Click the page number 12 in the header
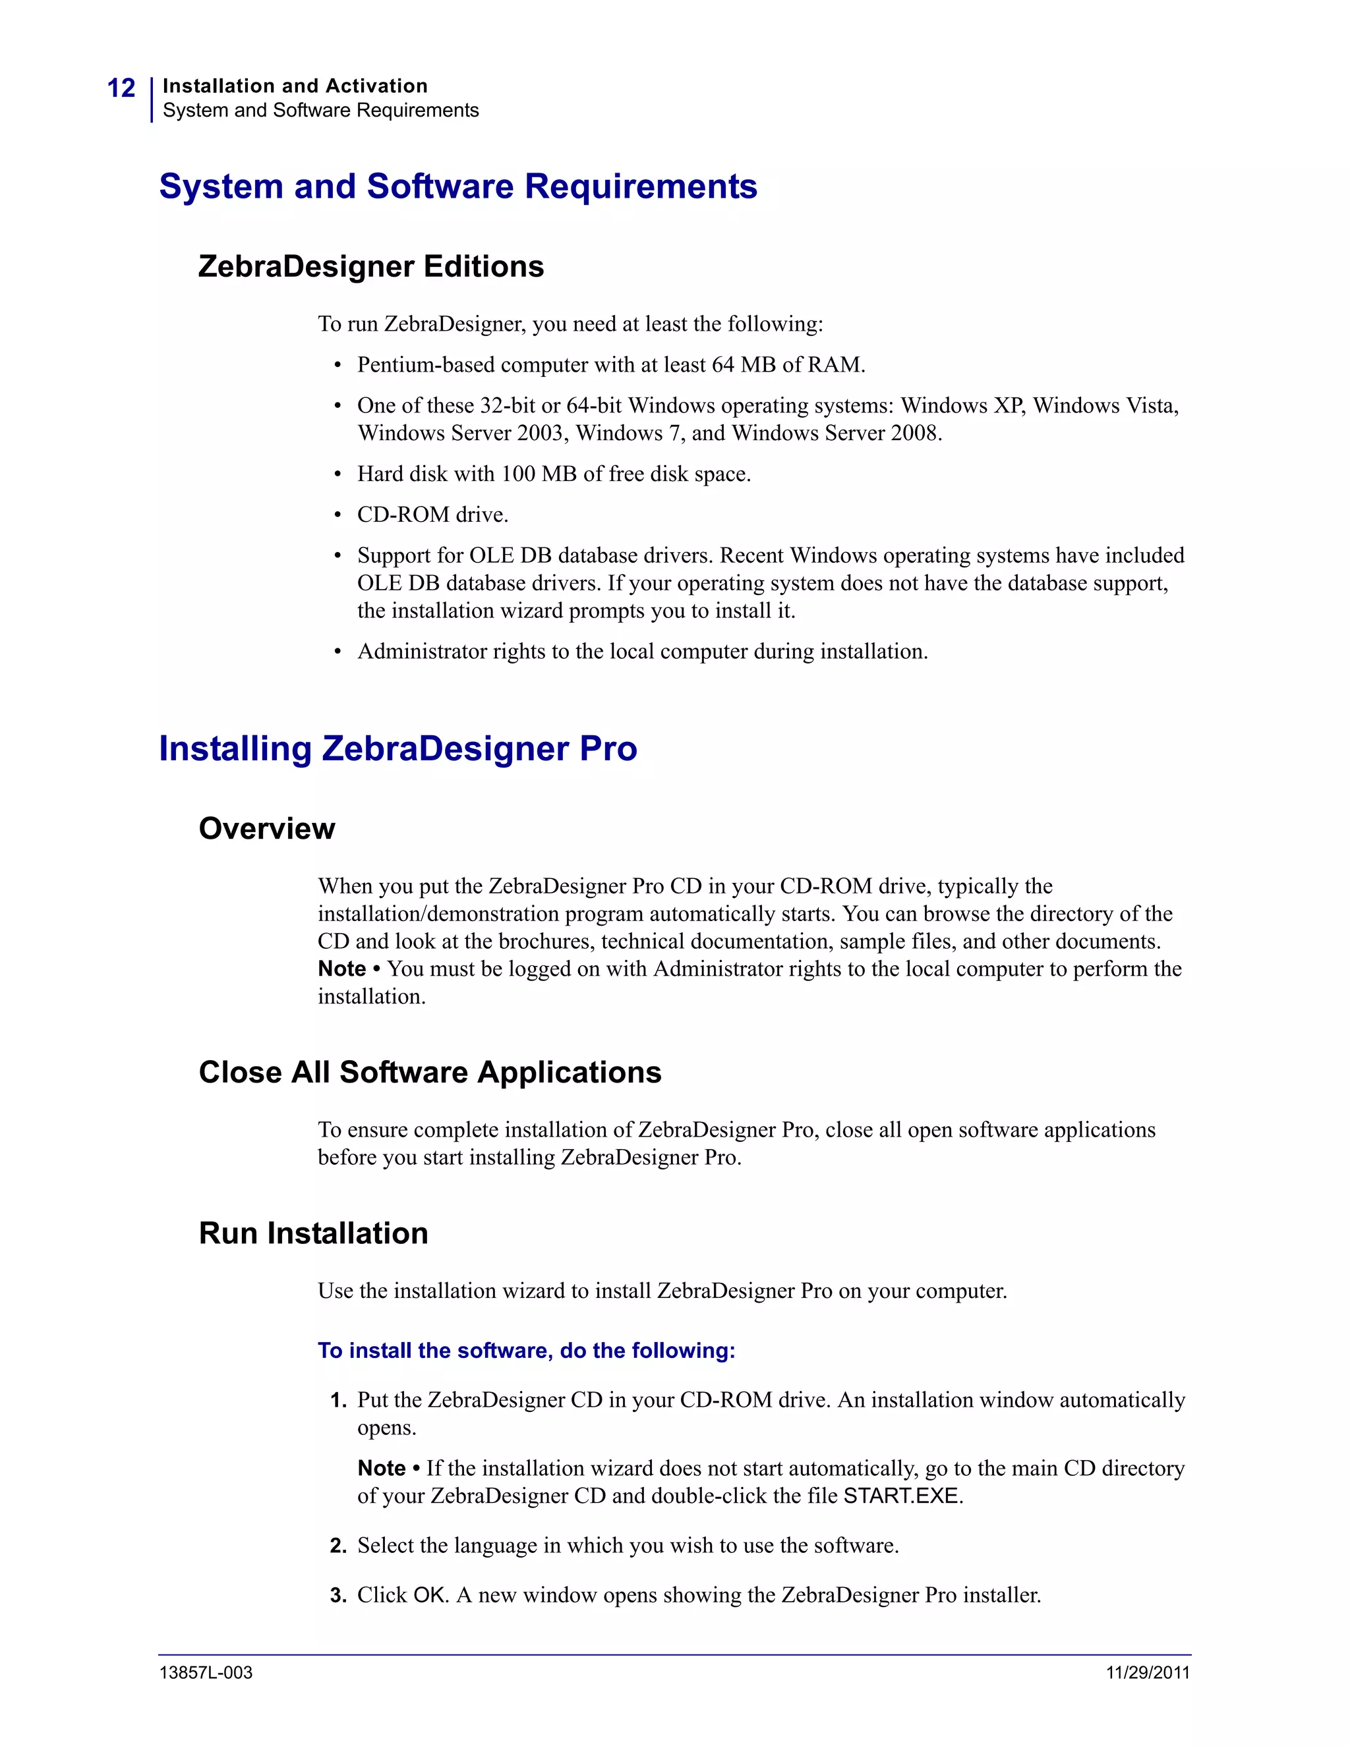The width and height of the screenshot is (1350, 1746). point(121,88)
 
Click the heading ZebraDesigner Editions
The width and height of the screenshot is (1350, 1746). point(370,266)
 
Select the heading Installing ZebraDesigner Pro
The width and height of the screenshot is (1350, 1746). point(397,748)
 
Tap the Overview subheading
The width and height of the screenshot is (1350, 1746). point(266,828)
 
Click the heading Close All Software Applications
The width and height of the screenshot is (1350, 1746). point(430,1072)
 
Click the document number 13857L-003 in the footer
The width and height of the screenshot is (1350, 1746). point(206,1672)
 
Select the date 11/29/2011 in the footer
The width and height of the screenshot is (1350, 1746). point(1148,1672)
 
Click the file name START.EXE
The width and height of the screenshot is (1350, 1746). point(901,1496)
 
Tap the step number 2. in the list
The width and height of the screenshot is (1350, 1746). point(337,1546)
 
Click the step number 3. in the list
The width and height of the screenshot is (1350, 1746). point(337,1596)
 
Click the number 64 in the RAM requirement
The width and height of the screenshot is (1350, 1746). point(722,366)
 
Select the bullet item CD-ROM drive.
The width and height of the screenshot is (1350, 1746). point(432,515)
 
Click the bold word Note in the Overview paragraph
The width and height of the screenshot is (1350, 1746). point(341,969)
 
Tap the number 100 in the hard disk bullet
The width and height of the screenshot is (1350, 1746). point(517,474)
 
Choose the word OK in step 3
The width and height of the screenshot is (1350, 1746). point(430,1596)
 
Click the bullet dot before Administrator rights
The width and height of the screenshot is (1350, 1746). point(338,652)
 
